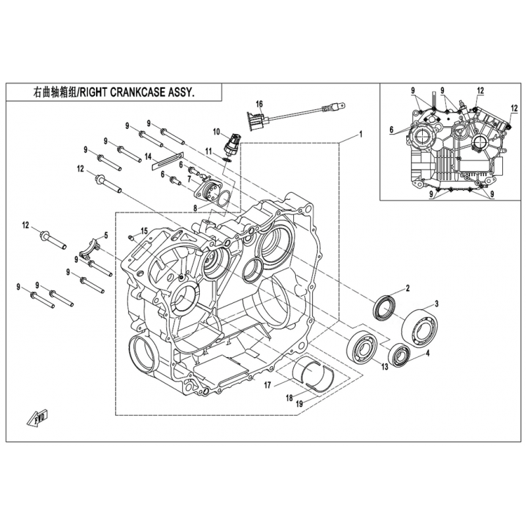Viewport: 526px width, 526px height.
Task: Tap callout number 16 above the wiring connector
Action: [x=259, y=104]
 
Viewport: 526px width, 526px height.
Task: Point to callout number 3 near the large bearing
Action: [x=435, y=304]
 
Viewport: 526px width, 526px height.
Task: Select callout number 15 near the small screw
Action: [x=144, y=229]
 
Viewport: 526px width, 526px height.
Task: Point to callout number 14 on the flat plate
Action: [x=149, y=156]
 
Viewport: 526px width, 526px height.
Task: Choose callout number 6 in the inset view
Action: [x=391, y=130]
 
